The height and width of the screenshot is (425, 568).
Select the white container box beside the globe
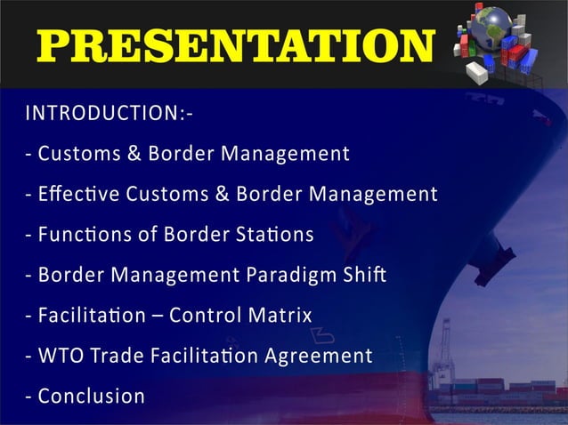click(x=477, y=73)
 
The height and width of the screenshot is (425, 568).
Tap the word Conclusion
click(x=91, y=396)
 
